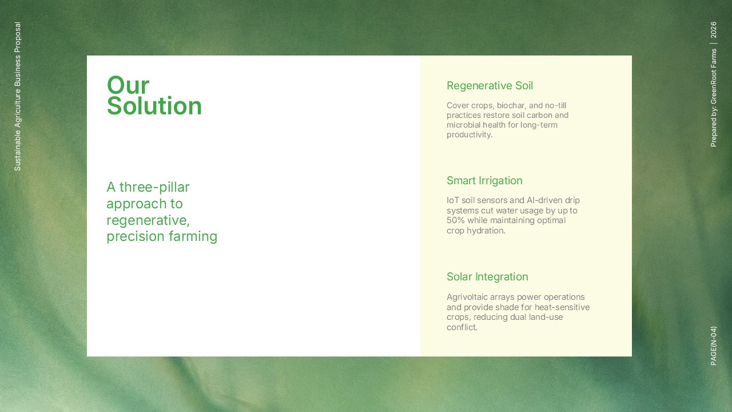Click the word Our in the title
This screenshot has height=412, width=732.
pyautogui.click(x=128, y=85)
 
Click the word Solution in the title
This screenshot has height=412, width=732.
pyautogui.click(x=154, y=106)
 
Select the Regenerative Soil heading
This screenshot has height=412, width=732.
pyautogui.click(x=490, y=86)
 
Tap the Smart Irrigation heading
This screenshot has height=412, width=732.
pyautogui.click(x=484, y=180)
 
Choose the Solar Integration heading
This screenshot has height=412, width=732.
pyautogui.click(x=487, y=276)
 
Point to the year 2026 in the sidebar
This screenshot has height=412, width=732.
pyautogui.click(x=713, y=30)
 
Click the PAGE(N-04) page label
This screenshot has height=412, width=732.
pyautogui.click(x=713, y=346)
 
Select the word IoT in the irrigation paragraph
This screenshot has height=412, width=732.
pyautogui.click(x=453, y=200)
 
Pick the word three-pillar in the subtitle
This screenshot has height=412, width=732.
pyautogui.click(x=154, y=187)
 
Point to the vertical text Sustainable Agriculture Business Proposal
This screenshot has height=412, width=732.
pyautogui.click(x=17, y=97)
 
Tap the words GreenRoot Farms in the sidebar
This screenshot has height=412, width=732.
pyautogui.click(x=713, y=76)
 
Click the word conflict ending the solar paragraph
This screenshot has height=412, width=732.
pyautogui.click(x=462, y=327)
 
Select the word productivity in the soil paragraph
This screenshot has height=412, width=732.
pyautogui.click(x=470, y=134)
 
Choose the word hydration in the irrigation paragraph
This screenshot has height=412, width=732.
pyautogui.click(x=486, y=231)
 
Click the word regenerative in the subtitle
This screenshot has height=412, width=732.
pyautogui.click(x=148, y=221)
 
